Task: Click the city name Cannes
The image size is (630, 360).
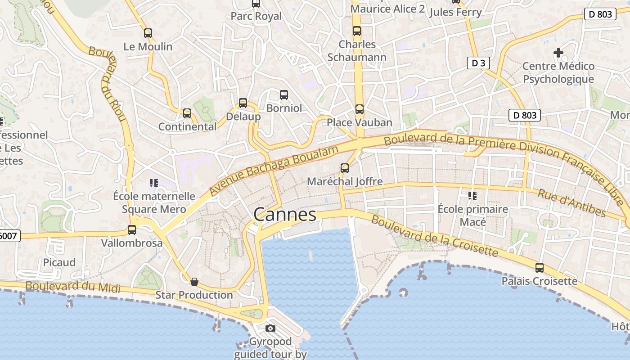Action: click(285, 215)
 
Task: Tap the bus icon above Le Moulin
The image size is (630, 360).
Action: click(148, 33)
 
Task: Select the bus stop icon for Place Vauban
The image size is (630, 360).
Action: click(359, 109)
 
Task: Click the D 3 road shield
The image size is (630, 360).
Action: click(478, 63)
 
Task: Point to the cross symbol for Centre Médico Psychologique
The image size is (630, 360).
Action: click(558, 53)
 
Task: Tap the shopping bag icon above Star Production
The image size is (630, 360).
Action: click(194, 282)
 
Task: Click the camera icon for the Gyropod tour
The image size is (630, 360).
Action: click(270, 328)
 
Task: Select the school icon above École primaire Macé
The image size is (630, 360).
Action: click(472, 195)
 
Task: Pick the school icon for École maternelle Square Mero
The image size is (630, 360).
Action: click(154, 183)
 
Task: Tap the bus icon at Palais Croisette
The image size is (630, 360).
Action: click(539, 268)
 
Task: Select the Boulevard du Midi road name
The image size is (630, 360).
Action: click(73, 287)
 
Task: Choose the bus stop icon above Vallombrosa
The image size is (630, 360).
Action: click(132, 229)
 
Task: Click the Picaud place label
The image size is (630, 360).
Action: click(59, 262)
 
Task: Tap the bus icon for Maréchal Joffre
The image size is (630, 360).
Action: click(345, 168)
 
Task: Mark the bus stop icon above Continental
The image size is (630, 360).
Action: click(187, 113)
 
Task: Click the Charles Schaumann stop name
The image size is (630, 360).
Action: click(357, 51)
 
